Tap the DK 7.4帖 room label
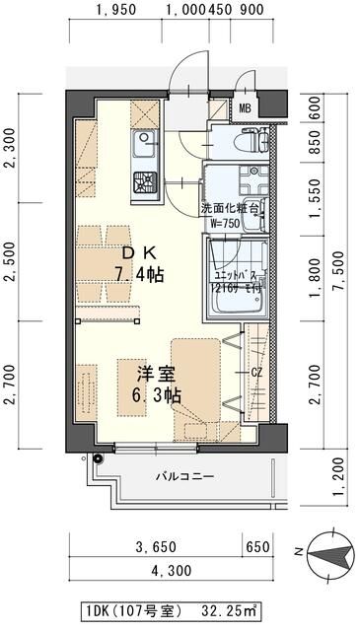(x=134, y=262)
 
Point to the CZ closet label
(x=255, y=373)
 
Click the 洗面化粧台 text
(x=230, y=209)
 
